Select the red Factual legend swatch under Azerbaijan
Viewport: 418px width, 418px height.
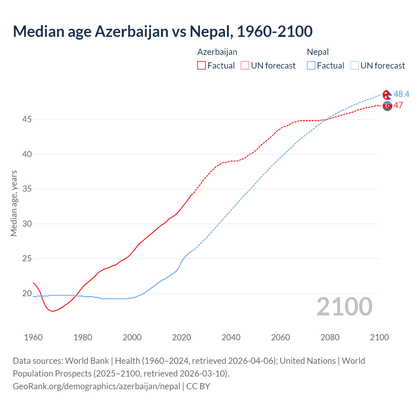pyautogui.click(x=201, y=66)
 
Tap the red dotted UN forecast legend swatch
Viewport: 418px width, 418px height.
pyautogui.click(x=245, y=66)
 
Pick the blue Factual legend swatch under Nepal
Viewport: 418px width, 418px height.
pyautogui.click(x=311, y=66)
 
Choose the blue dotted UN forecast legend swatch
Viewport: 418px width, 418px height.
pyautogui.click(x=354, y=66)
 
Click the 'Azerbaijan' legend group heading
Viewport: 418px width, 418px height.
pyautogui.click(x=217, y=52)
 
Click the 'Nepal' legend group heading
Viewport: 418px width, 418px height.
pyautogui.click(x=318, y=52)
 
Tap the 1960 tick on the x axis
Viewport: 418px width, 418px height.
pyautogui.click(x=33, y=337)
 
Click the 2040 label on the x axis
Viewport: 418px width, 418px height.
pyautogui.click(x=231, y=337)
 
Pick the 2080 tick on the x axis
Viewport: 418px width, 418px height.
pyautogui.click(x=330, y=337)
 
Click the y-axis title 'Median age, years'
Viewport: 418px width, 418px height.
pyautogui.click(x=14, y=203)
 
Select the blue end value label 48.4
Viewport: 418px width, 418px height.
pyautogui.click(x=401, y=94)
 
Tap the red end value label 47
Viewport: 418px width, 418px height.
pyautogui.click(x=398, y=105)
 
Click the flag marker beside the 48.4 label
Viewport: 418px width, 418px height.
pyautogui.click(x=387, y=94)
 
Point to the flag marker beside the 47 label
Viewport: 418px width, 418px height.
pyautogui.click(x=387, y=106)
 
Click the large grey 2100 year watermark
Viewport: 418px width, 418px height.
pyautogui.click(x=344, y=307)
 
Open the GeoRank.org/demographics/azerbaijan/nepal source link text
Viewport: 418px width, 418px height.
pyautogui.click(x=96, y=386)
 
